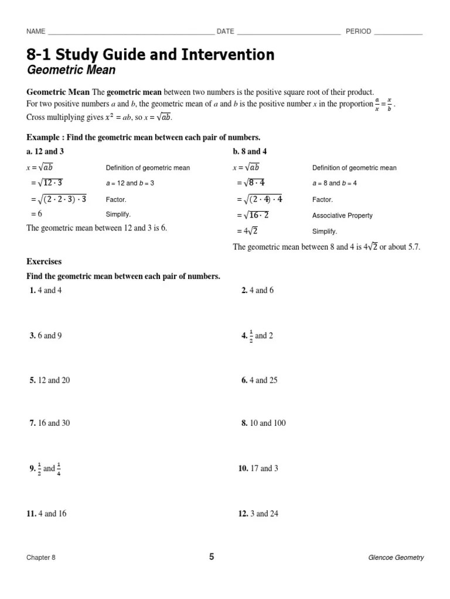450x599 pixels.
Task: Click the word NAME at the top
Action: point(36,32)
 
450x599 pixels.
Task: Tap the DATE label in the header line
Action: point(226,32)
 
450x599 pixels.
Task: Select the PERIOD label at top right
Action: point(359,32)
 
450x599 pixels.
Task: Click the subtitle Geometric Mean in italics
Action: point(71,71)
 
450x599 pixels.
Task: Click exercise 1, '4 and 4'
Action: point(45,290)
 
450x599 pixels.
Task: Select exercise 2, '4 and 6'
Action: point(257,290)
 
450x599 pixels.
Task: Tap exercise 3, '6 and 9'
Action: point(46,335)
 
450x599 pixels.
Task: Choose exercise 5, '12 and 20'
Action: point(49,380)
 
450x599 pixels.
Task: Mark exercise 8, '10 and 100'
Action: point(263,423)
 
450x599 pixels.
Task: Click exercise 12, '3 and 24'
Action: point(258,514)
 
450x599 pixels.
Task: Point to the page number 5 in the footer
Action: point(212,557)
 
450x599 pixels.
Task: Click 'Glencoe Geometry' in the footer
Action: point(396,558)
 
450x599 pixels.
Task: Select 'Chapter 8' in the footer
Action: point(41,558)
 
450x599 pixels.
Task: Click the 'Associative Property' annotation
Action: point(342,215)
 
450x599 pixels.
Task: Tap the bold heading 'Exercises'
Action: point(44,261)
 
